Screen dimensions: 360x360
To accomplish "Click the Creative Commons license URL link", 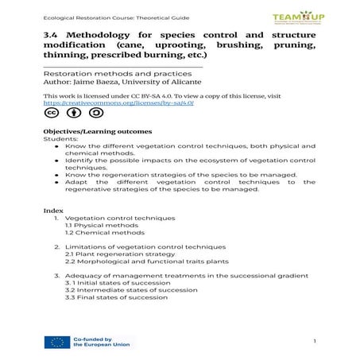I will (118, 103).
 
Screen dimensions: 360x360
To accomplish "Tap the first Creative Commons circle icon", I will (51, 113).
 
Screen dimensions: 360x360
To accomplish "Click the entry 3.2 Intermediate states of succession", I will (131, 290).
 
